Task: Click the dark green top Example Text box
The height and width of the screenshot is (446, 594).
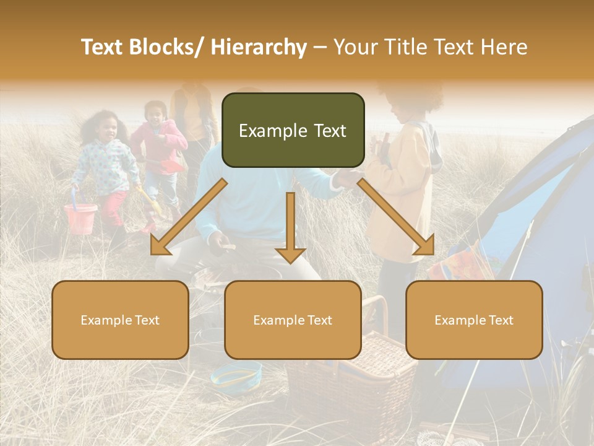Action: [x=293, y=130]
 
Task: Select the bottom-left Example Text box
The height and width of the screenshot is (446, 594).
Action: [x=120, y=320]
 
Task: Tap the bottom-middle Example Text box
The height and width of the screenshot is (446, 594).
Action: [x=293, y=320]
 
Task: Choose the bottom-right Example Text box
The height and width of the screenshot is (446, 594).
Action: [x=474, y=320]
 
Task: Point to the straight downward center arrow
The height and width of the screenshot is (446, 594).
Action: [x=290, y=227]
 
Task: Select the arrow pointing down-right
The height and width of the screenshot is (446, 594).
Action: [x=397, y=217]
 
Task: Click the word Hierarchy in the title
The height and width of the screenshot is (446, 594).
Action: [x=259, y=47]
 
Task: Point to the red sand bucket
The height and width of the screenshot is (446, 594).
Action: [x=80, y=218]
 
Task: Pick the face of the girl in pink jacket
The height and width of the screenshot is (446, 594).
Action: [x=156, y=112]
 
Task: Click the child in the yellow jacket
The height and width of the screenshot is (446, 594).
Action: [x=402, y=186]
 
